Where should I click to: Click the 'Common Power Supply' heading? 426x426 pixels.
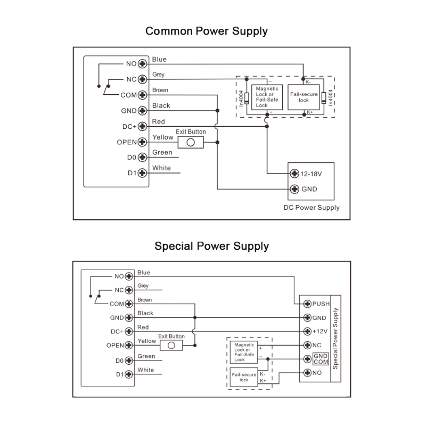(x=207, y=31)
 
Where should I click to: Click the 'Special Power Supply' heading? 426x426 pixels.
(x=211, y=246)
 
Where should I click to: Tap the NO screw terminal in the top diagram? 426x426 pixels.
(x=142, y=64)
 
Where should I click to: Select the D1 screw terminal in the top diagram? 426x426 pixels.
(x=142, y=173)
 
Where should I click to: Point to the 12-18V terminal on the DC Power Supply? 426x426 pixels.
(x=294, y=174)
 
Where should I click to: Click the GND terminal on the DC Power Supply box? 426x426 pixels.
(x=294, y=189)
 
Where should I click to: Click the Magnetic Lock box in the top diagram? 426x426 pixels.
(x=267, y=96)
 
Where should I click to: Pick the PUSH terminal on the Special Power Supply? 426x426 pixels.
(x=307, y=304)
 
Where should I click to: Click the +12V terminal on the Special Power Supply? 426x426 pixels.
(x=307, y=331)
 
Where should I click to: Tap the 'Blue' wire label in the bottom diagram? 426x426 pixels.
(x=144, y=273)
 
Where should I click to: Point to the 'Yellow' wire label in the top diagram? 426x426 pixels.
(x=162, y=137)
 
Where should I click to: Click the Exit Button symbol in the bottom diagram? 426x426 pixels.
(x=171, y=345)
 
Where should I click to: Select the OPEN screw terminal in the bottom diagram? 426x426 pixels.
(x=128, y=345)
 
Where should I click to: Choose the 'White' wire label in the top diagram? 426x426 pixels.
(x=161, y=168)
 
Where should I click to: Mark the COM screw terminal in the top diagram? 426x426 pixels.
(x=142, y=95)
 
